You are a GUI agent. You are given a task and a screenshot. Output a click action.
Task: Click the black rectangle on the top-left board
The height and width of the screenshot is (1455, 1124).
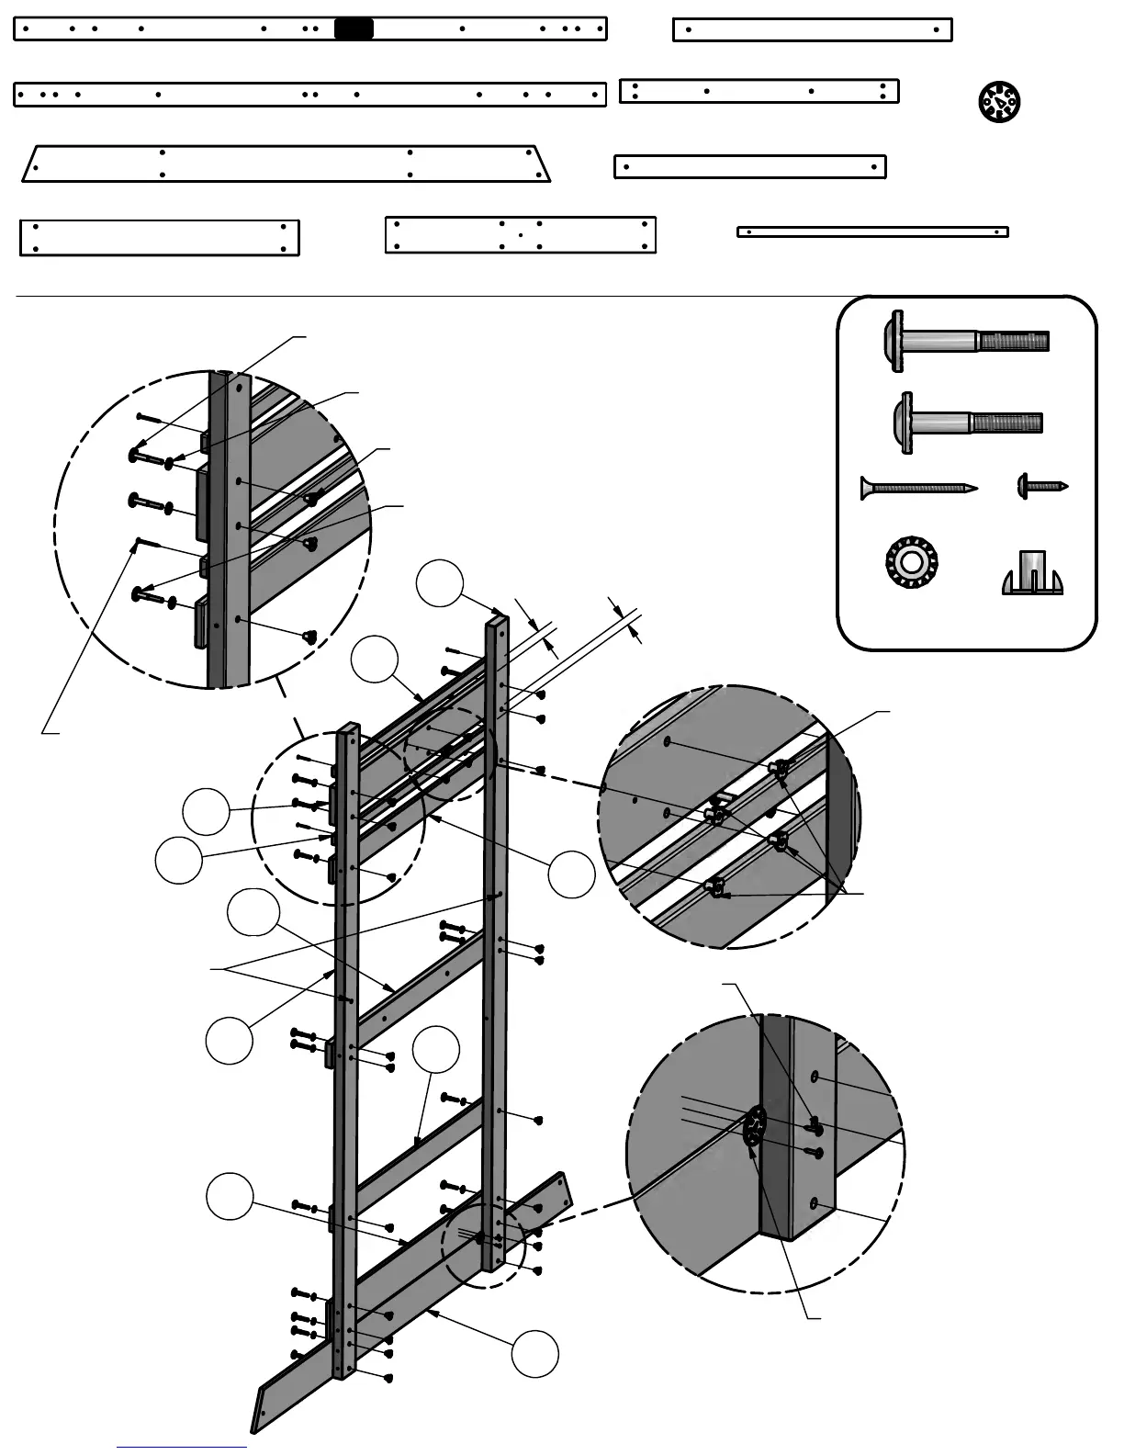354,28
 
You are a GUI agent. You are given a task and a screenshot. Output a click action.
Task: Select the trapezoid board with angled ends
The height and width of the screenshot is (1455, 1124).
287,164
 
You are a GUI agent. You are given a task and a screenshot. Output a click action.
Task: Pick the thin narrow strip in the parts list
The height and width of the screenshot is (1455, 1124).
872,231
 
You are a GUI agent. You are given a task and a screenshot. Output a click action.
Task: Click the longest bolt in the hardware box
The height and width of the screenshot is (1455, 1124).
968,341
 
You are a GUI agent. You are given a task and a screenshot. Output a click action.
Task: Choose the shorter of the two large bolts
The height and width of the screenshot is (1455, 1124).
966,423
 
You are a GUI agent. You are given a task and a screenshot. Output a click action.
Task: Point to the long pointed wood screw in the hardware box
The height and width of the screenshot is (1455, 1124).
917,488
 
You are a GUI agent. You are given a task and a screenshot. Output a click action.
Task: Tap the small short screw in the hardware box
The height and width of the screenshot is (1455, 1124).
1042,486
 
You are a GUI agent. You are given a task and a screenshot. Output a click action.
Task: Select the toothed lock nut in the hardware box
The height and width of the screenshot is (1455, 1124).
910,561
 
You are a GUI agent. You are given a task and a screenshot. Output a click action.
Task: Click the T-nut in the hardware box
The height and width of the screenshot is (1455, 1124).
1032,573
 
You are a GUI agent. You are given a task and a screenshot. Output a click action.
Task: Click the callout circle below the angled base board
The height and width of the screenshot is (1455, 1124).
534,1353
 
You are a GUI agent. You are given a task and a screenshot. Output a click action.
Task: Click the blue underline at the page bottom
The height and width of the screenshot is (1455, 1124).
182,1447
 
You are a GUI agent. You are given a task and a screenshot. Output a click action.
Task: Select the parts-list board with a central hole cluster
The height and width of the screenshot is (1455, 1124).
520,234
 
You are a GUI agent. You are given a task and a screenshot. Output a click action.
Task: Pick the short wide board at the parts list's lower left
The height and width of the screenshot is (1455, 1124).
160,238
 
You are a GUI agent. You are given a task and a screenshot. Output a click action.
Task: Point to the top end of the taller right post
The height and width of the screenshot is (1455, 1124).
497,620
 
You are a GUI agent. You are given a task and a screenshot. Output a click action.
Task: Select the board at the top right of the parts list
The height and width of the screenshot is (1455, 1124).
812,29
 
